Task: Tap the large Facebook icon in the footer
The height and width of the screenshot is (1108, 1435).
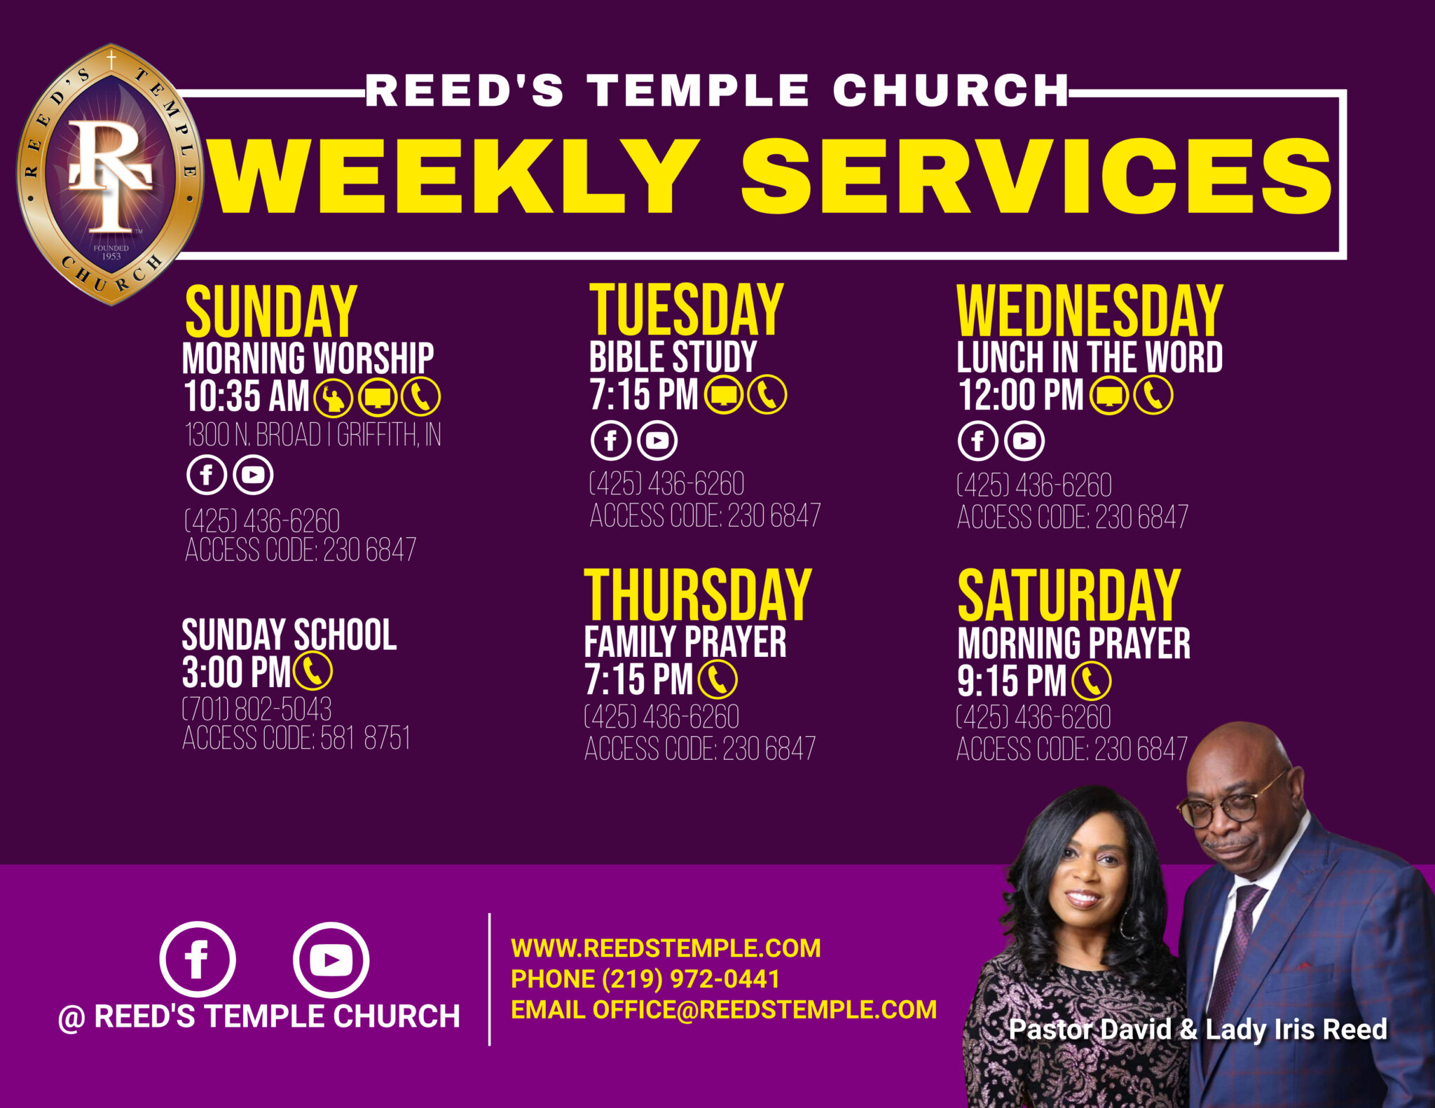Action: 198,960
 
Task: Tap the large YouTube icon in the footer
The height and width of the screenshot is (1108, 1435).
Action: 331,960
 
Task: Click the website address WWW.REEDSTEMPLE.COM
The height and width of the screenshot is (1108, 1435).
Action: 666,948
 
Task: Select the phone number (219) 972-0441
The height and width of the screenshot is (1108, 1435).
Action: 690,978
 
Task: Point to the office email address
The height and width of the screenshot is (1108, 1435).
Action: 764,1009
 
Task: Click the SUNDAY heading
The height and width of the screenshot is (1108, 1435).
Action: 271,312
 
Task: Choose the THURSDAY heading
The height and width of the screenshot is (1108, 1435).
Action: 698,595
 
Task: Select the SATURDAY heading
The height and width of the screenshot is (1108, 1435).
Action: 1069,595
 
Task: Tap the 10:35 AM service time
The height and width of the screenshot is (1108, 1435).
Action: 247,396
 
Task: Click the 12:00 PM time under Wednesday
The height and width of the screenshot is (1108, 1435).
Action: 1021,394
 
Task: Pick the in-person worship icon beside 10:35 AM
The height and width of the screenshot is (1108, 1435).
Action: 333,397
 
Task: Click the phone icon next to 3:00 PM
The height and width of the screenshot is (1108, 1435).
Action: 313,672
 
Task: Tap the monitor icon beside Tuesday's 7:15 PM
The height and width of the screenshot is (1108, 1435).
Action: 723,395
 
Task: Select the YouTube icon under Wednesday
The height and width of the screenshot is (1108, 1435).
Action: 1024,441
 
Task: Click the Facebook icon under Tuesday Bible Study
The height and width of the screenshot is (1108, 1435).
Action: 610,441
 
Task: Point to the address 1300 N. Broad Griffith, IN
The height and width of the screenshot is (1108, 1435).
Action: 313,435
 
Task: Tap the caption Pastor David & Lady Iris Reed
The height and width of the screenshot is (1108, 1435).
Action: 1198,1029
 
